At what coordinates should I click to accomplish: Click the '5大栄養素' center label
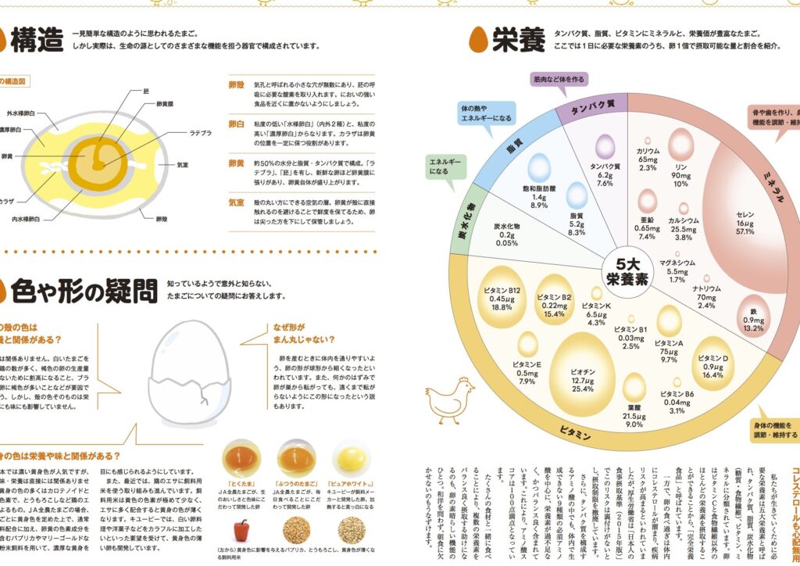(627, 270)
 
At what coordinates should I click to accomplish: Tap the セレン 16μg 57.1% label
(744, 222)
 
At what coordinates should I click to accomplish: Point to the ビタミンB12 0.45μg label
(502, 298)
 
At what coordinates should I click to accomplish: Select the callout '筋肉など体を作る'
(559, 80)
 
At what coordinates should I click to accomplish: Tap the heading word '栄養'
(518, 41)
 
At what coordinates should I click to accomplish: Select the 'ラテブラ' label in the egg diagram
(201, 133)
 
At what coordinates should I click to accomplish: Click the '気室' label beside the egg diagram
(182, 165)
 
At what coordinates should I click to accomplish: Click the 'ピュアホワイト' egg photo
(352, 458)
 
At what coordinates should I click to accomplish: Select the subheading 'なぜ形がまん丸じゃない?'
(303, 333)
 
